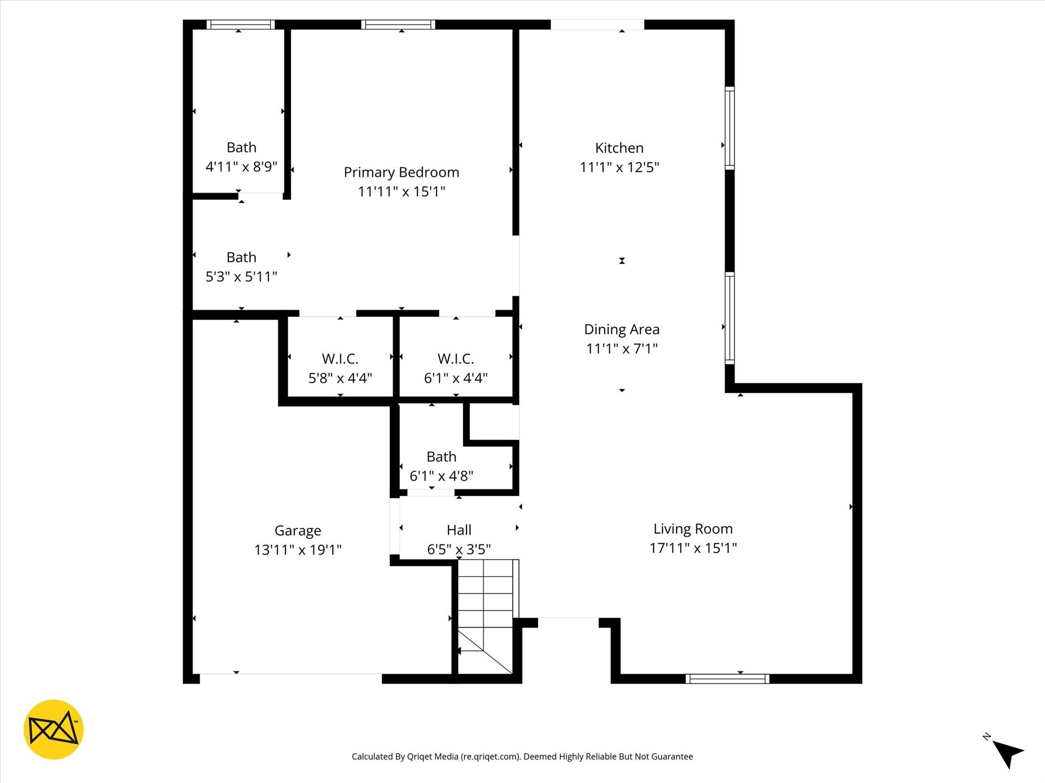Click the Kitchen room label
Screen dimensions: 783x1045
(x=619, y=148)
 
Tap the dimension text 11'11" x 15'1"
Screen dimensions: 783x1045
(x=401, y=192)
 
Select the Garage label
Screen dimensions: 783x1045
(x=297, y=531)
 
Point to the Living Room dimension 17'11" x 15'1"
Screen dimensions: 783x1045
(x=693, y=548)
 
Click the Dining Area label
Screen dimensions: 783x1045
(x=621, y=329)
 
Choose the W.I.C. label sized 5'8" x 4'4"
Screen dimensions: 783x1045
(x=340, y=359)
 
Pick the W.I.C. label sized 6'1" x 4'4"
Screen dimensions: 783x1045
(x=456, y=359)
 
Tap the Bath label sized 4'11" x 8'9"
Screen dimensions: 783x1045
(x=241, y=147)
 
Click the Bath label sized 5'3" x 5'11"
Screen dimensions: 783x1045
(x=241, y=257)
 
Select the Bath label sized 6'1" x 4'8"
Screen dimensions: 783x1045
(x=441, y=456)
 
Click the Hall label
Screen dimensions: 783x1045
(x=459, y=530)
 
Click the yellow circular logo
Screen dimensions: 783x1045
(x=54, y=729)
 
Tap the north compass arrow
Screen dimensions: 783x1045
(x=1008, y=754)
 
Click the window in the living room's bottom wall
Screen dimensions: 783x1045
(x=727, y=678)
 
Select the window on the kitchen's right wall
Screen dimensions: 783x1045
(x=730, y=128)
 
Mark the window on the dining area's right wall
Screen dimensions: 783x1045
(x=730, y=318)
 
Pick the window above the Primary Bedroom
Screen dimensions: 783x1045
(x=398, y=24)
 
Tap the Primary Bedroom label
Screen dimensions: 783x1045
(x=401, y=172)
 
